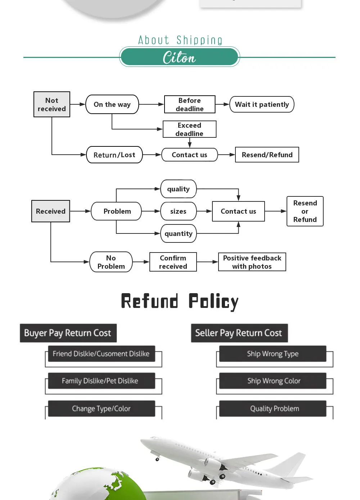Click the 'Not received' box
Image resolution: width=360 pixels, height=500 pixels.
(52, 104)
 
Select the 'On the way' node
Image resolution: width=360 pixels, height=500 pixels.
(112, 104)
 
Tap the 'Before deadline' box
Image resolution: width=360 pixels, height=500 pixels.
(190, 104)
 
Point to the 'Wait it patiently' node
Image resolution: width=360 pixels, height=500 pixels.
(262, 104)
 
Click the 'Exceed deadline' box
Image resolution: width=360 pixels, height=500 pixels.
(189, 129)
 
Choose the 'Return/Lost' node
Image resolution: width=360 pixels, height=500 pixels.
(114, 155)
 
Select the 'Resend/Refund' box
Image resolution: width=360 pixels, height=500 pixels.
(267, 155)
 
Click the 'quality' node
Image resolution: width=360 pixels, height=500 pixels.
(179, 189)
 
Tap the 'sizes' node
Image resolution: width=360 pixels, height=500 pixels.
(179, 211)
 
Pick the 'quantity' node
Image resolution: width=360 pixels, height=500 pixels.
(179, 233)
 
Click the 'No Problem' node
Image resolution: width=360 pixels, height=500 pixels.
(111, 262)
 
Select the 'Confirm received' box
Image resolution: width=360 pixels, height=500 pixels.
(173, 262)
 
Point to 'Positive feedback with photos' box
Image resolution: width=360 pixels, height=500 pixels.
(252, 262)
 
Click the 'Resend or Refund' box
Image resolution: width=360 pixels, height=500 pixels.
(305, 211)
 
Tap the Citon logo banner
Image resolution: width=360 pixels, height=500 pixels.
(180, 57)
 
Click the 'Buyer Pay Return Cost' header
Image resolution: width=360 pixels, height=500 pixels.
(68, 333)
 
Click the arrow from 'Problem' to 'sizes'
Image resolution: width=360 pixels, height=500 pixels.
(151, 211)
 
